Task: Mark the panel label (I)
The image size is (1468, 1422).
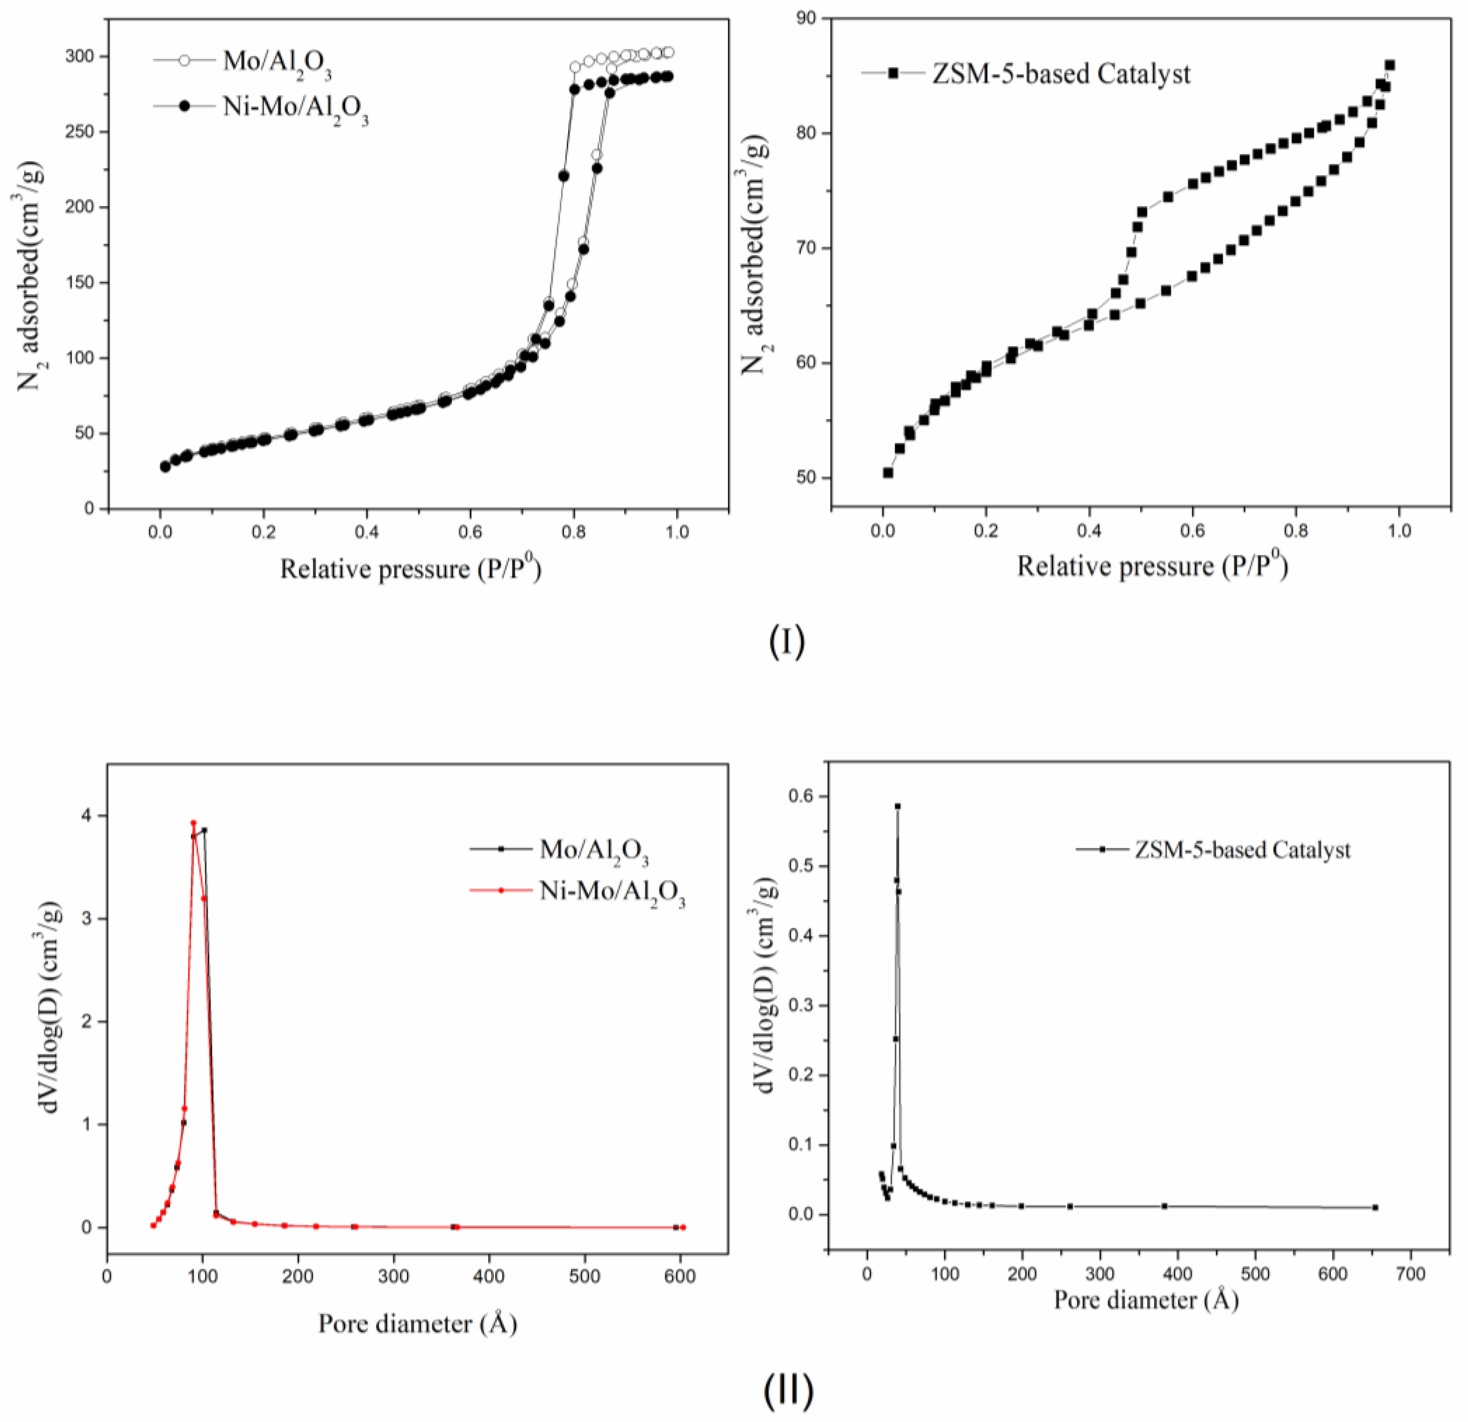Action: pyautogui.click(x=786, y=642)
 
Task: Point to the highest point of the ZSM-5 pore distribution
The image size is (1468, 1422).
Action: pyautogui.click(x=897, y=806)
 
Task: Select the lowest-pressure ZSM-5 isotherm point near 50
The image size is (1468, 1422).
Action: pyautogui.click(x=888, y=472)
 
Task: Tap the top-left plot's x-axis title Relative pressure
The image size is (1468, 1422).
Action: pyautogui.click(x=410, y=569)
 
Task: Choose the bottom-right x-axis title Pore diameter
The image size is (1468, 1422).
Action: pyautogui.click(x=1146, y=1300)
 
